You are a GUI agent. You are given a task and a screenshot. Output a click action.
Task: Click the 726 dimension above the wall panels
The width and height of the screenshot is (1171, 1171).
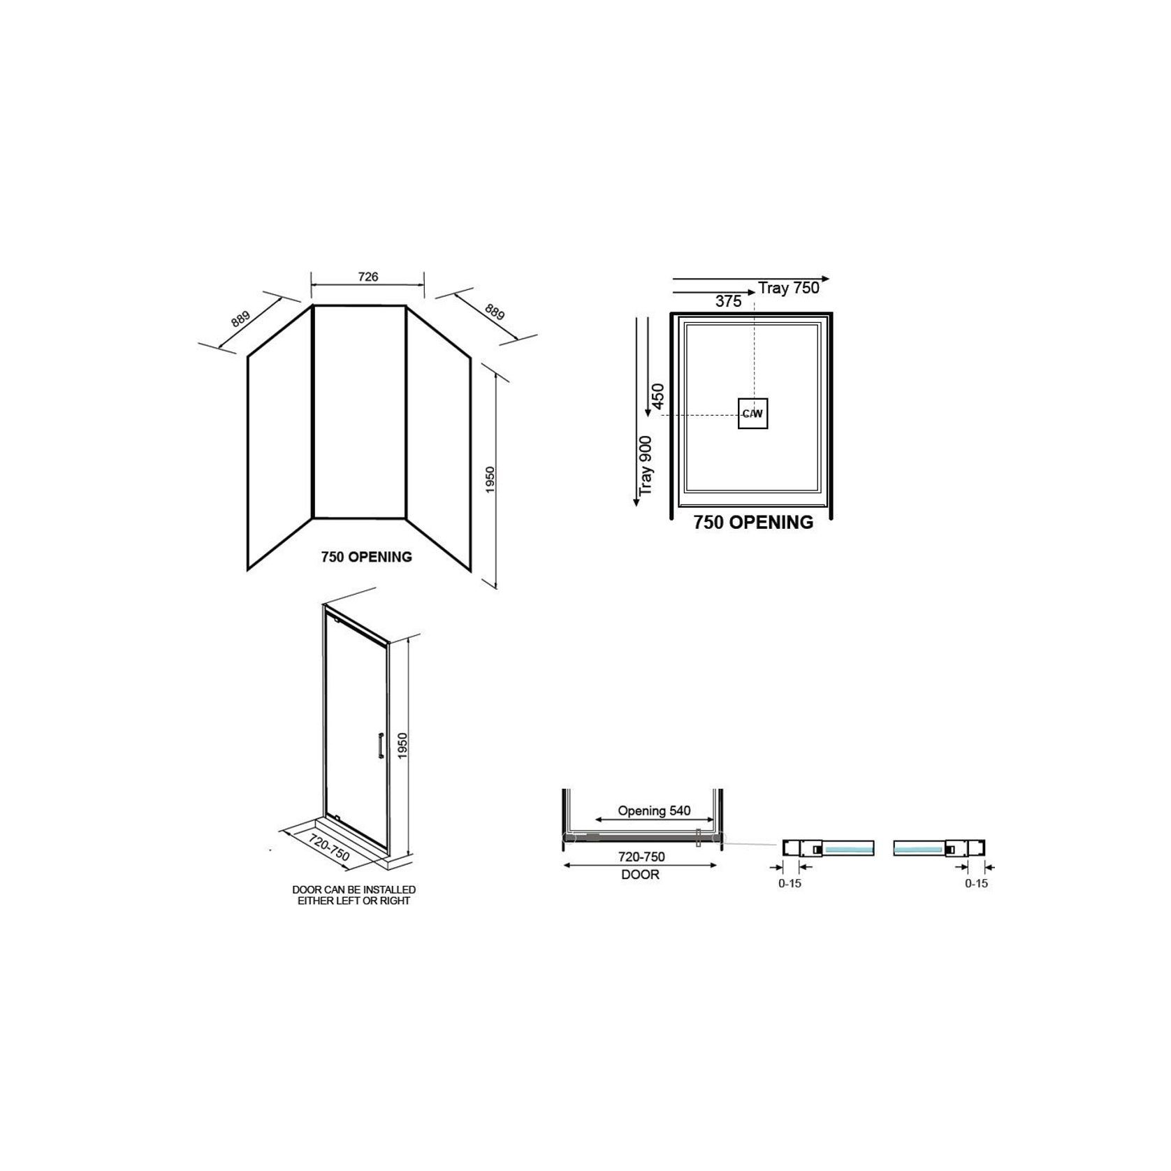368,277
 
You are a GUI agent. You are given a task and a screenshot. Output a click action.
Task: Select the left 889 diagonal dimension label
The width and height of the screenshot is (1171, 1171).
240,318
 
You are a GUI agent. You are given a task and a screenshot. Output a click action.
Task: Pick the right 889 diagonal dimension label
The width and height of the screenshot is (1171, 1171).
494,312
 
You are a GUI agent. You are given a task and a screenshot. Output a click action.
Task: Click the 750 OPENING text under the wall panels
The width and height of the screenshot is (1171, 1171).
367,557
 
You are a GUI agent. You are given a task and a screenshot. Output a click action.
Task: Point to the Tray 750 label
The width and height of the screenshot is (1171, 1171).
789,288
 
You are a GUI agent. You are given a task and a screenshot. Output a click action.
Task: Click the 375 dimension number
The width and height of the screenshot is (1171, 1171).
729,301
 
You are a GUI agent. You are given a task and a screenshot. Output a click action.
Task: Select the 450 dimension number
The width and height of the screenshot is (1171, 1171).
657,396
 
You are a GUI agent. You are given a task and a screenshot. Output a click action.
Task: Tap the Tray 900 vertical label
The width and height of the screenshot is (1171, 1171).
646,466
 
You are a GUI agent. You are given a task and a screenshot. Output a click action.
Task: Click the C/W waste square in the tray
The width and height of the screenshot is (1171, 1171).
753,414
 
